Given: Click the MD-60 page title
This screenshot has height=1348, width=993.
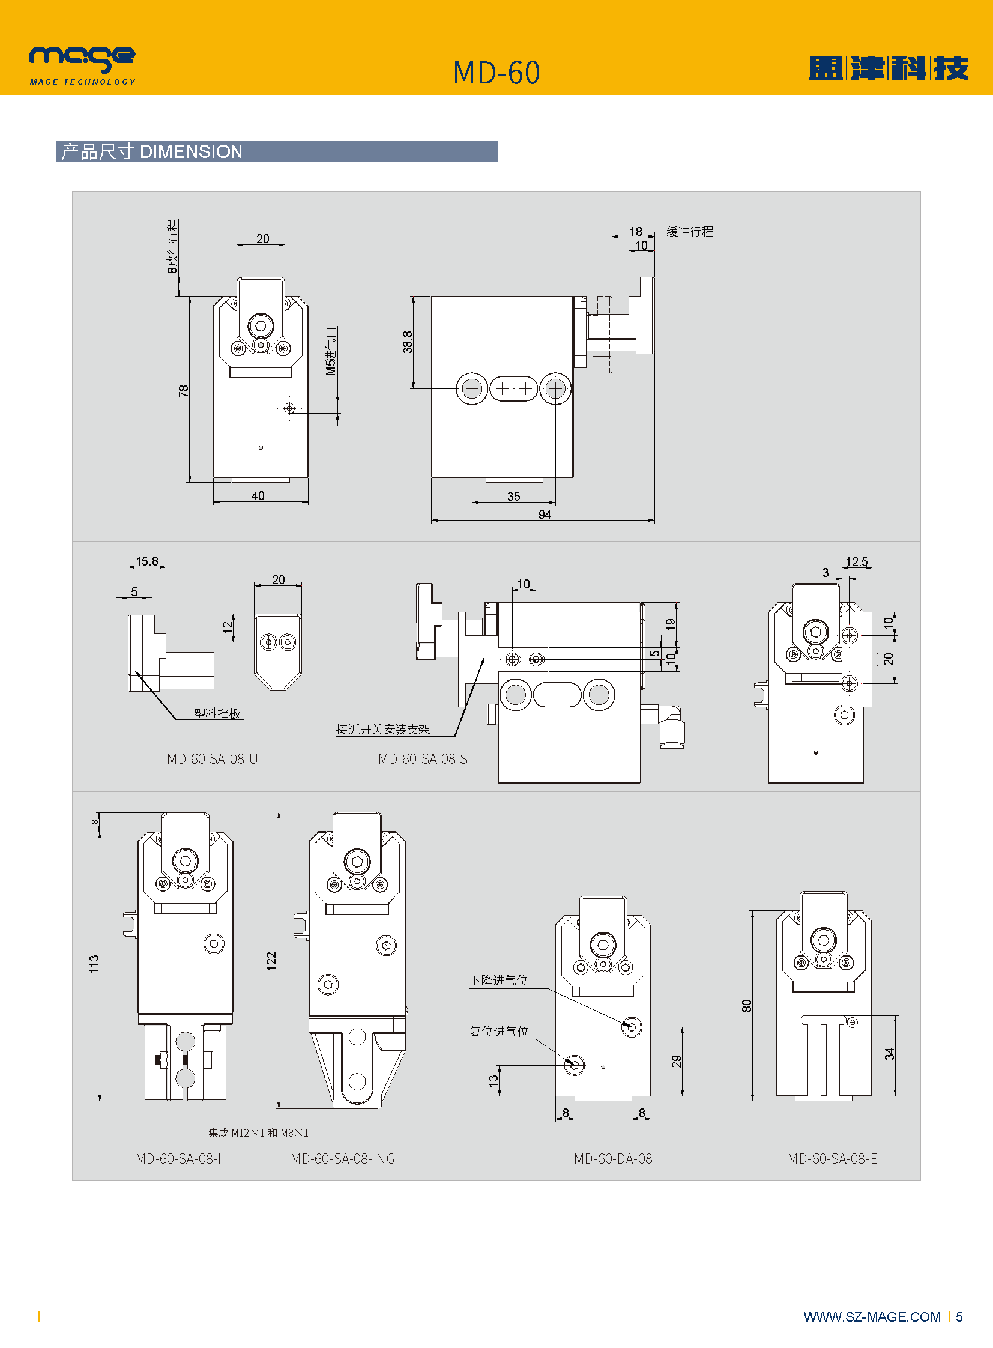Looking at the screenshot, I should coord(496,73).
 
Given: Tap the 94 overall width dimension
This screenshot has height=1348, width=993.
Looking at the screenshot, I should coord(545,515).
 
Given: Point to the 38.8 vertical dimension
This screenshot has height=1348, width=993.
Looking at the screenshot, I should coord(408,342).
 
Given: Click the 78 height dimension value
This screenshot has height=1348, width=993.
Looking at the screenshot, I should coord(183,391).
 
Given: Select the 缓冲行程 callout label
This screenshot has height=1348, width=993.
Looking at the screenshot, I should coord(689,232).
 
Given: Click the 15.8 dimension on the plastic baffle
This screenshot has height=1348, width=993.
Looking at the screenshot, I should coord(146,561).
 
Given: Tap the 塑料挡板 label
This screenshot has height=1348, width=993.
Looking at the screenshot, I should coord(217,713).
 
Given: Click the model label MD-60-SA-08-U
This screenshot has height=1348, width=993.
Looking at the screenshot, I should coord(212,759).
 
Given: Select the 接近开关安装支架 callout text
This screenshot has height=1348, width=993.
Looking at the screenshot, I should coord(383,730).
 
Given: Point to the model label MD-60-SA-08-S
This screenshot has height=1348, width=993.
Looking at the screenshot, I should coord(423,759).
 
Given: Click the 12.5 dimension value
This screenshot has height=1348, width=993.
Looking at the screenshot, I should coord(856,561).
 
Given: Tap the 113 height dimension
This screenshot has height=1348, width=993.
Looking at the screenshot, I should coord(94,963).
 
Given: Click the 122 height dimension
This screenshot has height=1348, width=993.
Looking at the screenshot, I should coord(271,960).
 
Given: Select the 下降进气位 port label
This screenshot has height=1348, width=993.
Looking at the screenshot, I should coord(498,980).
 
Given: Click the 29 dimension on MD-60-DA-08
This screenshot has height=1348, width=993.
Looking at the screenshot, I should coord(676,1061).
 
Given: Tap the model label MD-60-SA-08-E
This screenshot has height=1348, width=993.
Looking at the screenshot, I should coord(833,1159).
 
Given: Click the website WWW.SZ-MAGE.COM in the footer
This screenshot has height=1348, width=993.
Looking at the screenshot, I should coord(872,1317).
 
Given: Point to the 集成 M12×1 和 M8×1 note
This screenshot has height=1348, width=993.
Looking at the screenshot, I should coord(259,1133).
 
